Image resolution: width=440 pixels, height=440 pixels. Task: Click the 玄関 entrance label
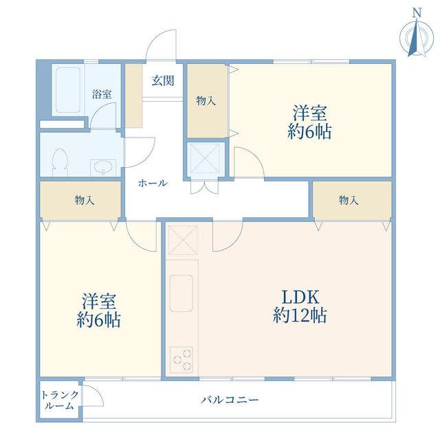163,81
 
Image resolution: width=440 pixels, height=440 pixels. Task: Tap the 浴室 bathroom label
102,94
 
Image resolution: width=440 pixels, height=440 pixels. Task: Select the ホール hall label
153,184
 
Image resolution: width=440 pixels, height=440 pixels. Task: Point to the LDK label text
300,298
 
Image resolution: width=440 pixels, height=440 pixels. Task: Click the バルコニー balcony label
230,399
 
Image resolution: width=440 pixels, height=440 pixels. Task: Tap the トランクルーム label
60,400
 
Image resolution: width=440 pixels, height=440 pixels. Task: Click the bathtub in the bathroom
68,90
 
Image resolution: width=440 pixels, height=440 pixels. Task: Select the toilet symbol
60,162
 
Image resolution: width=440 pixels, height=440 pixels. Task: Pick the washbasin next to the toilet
103,168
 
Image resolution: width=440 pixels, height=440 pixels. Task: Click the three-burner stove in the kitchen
181,360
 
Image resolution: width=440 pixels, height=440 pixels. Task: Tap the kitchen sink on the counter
181,294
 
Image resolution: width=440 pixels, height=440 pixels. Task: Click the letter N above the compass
417,12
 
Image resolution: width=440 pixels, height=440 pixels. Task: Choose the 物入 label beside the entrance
206,100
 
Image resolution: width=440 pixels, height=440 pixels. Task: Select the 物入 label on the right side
349,200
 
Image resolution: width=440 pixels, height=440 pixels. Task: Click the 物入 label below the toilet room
85,200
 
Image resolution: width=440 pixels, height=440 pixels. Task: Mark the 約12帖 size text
300,316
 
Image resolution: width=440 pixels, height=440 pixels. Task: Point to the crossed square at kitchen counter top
183,241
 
